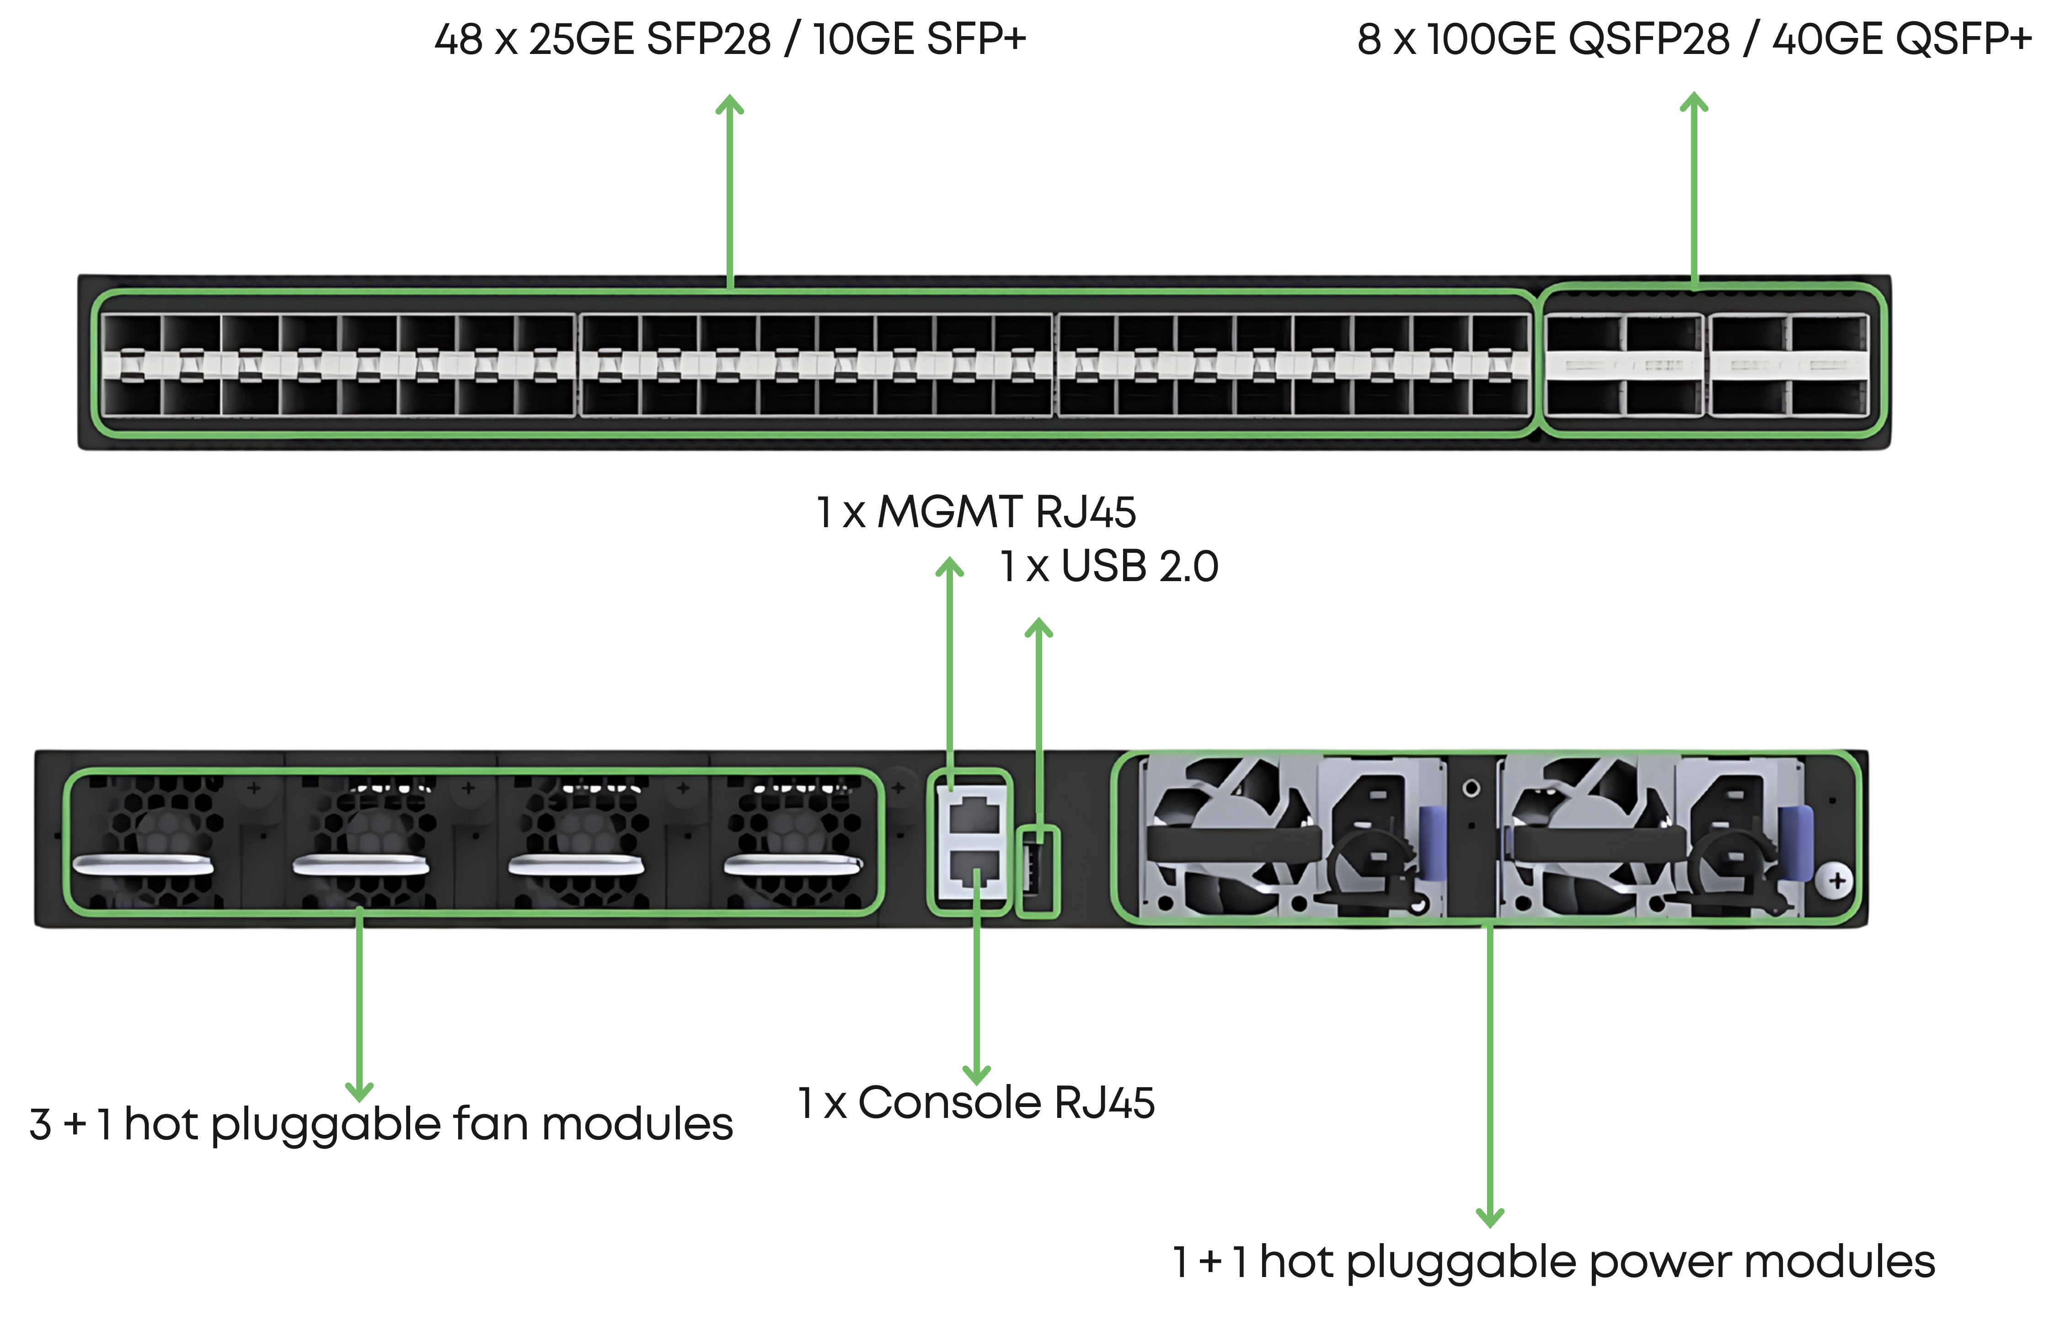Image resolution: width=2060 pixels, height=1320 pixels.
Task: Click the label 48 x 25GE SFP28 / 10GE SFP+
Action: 729,39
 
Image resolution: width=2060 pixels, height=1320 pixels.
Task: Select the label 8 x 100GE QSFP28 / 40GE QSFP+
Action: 1694,39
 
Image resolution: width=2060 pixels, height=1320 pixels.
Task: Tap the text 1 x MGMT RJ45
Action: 975,513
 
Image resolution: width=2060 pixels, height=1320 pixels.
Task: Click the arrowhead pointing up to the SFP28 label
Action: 729,105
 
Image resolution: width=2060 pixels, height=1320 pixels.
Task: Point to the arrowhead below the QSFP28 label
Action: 1694,102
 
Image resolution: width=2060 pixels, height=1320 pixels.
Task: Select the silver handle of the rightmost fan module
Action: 793,865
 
